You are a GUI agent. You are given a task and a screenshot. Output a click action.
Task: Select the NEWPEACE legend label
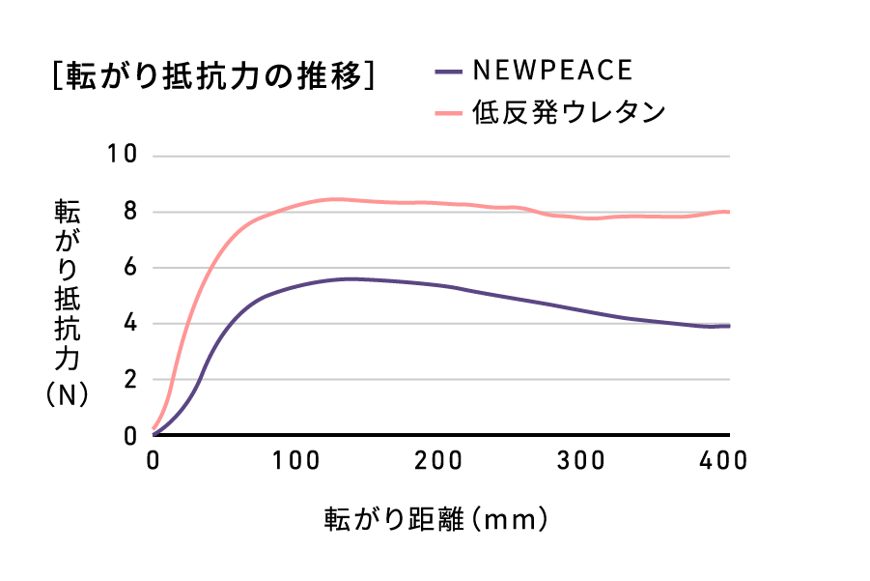click(552, 71)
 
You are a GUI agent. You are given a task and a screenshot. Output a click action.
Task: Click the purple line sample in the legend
click(448, 72)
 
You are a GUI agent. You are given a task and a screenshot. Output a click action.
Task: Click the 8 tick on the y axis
click(131, 212)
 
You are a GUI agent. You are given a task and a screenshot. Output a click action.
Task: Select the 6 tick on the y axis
click(131, 268)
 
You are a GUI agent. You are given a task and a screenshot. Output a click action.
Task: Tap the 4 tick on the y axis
click(131, 324)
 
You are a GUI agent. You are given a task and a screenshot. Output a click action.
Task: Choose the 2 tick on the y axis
click(131, 380)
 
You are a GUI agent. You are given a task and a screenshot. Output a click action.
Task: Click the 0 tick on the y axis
click(131, 436)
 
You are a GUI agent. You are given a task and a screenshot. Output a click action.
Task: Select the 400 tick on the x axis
click(721, 461)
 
